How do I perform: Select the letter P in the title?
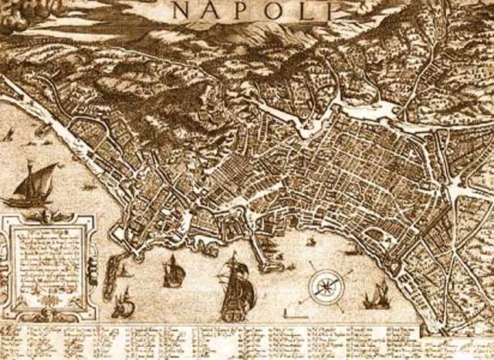pos(243,9)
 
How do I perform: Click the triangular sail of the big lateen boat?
pos(40,180)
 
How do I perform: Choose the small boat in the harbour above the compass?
pos(310,242)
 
